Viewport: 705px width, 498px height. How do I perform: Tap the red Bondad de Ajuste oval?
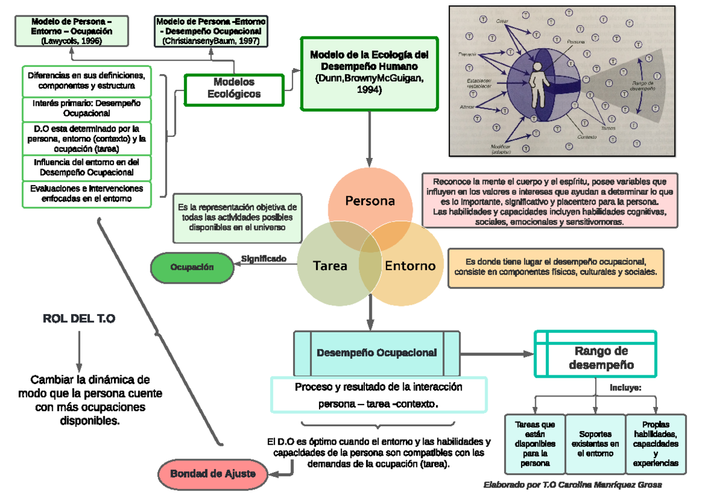[x=213, y=473]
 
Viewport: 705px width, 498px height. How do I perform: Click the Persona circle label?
[x=370, y=201]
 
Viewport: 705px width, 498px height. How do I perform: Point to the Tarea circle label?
[x=330, y=265]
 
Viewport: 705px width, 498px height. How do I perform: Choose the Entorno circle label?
[x=410, y=265]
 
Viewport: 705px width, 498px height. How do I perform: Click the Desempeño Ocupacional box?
[x=377, y=353]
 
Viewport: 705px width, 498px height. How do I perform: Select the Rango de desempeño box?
[x=596, y=358]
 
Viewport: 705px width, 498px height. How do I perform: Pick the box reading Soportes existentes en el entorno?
[x=595, y=444]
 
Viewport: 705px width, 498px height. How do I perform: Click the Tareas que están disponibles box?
[x=535, y=444]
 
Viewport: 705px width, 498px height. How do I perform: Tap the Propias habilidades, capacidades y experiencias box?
[x=656, y=444]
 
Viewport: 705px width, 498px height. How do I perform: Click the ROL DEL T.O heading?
[x=79, y=319]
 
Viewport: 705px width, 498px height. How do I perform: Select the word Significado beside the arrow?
[x=264, y=258]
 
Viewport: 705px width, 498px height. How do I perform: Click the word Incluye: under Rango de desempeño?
[x=625, y=388]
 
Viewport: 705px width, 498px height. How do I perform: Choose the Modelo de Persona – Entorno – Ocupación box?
[x=72, y=32]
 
